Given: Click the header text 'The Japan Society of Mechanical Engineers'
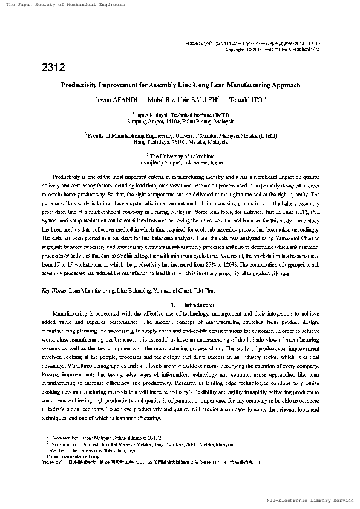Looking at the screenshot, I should (65, 5).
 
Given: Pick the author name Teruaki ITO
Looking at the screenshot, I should (244, 99).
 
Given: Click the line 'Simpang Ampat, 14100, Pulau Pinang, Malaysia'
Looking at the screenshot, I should (180, 122).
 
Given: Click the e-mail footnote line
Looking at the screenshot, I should (66, 456).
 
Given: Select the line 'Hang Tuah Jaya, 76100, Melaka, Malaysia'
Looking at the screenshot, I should (180, 143).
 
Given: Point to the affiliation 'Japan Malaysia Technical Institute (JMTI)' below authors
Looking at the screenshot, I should (180, 114).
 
